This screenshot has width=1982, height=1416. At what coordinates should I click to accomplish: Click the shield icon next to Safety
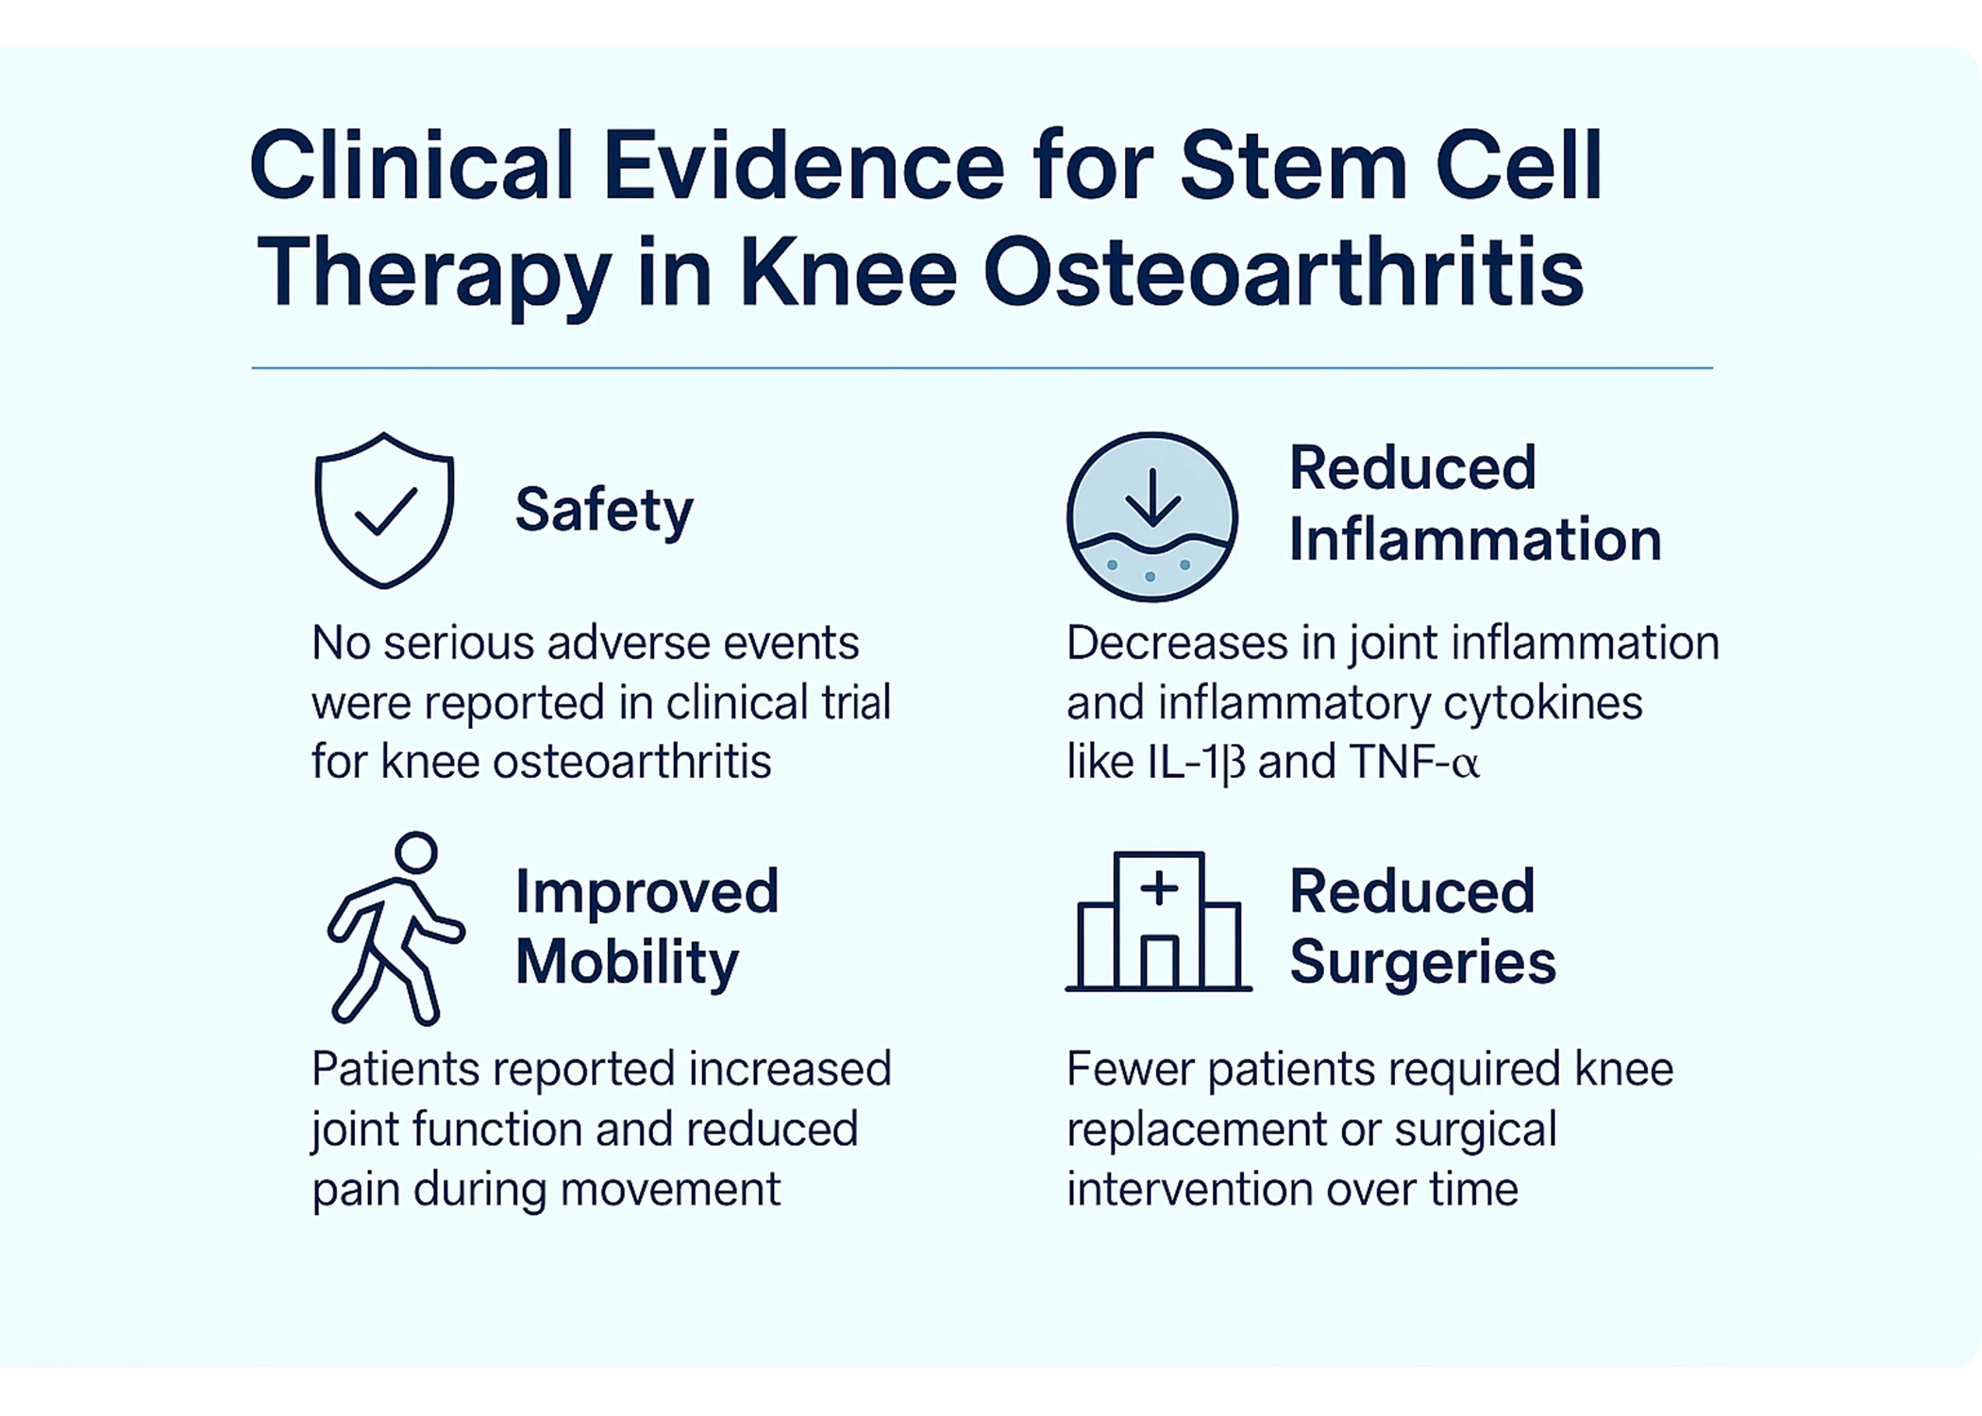384,510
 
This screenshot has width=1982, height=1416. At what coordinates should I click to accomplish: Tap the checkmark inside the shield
385,512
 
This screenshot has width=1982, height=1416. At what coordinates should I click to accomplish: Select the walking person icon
395,930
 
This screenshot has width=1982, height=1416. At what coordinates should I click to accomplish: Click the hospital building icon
1159,922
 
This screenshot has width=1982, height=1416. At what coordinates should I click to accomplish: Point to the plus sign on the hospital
1159,889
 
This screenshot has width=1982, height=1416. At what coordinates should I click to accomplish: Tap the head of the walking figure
416,852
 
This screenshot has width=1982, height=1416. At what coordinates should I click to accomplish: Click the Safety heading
604,511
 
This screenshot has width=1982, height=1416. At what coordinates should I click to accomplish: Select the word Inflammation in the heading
1474,540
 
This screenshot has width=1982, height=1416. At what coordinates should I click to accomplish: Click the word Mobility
627,963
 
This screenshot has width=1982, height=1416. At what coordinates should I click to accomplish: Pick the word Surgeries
1422,963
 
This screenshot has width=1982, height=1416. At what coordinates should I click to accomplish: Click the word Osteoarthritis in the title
1283,273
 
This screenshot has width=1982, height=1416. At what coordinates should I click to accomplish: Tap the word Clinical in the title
412,167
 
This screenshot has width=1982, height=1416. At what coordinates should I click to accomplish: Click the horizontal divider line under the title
982,368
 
